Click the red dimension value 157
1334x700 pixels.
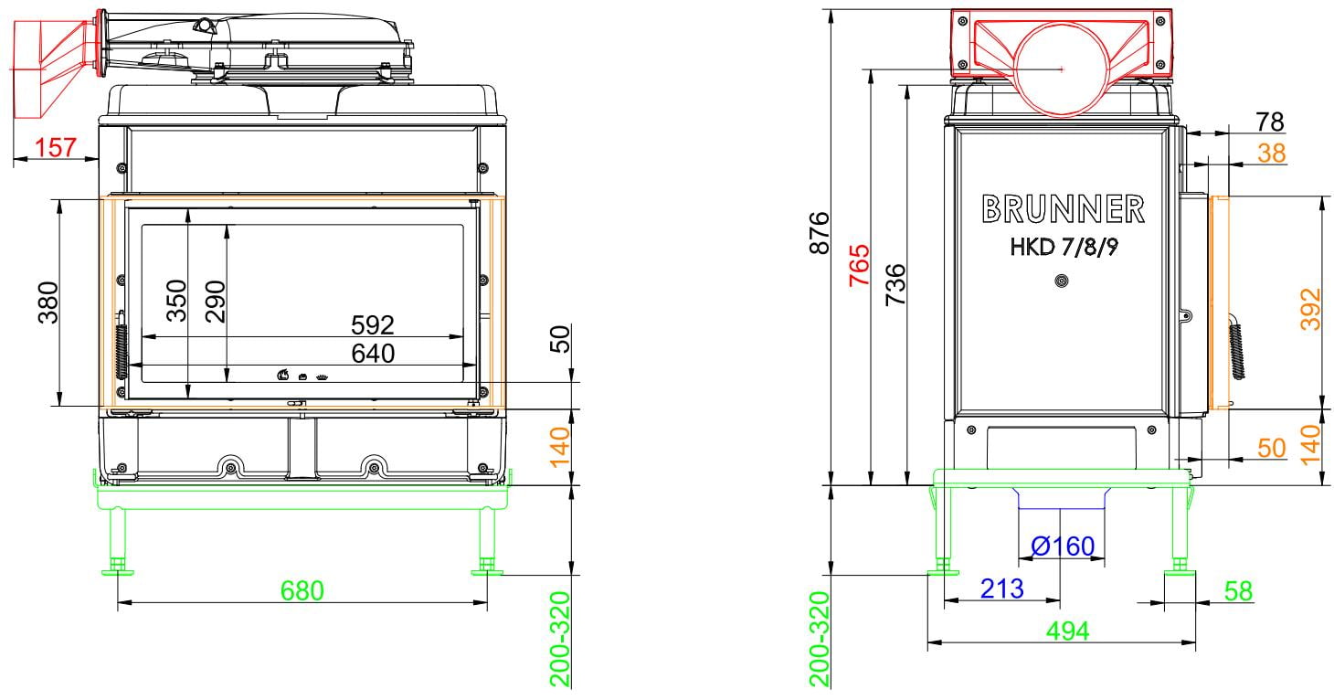[x=56, y=148]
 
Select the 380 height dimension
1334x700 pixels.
[x=48, y=302]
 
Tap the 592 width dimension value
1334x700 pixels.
[x=372, y=325]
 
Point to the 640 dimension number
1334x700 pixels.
[x=373, y=354]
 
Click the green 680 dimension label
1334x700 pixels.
[x=302, y=591]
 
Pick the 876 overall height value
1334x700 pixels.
[x=821, y=232]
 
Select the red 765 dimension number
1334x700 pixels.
[x=859, y=265]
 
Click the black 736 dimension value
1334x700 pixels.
[x=895, y=285]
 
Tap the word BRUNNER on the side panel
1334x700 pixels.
[x=1063, y=209]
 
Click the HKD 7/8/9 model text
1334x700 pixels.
[x=1064, y=247]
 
